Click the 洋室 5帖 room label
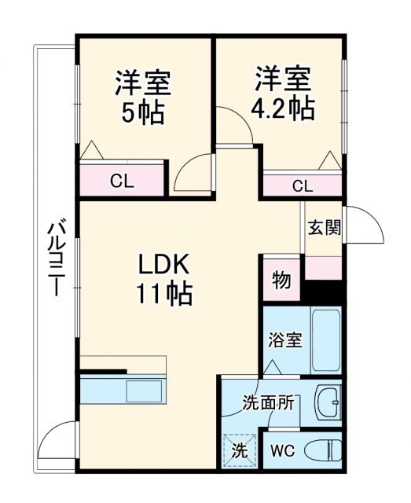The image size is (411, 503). click(143, 97)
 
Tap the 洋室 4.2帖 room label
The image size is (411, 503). click(283, 93)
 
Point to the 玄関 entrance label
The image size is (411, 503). click(324, 228)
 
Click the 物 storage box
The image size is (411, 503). click(281, 280)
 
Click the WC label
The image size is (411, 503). click(282, 451)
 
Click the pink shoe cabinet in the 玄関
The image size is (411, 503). click(324, 268)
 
